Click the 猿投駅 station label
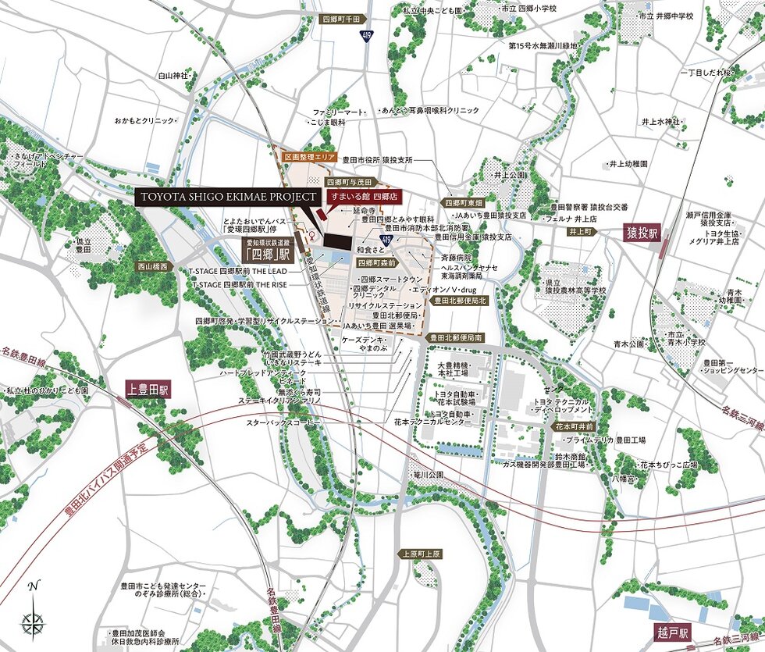[x=642, y=233]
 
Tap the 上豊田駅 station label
[x=153, y=388]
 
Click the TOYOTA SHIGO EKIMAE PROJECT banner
[x=228, y=197]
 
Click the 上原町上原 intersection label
[x=422, y=554]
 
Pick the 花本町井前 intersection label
[x=575, y=427]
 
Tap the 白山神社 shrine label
[x=173, y=76]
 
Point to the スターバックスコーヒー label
[x=283, y=422]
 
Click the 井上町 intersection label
[x=582, y=232]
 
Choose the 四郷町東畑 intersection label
[x=464, y=201]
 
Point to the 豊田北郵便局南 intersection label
[x=457, y=338]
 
